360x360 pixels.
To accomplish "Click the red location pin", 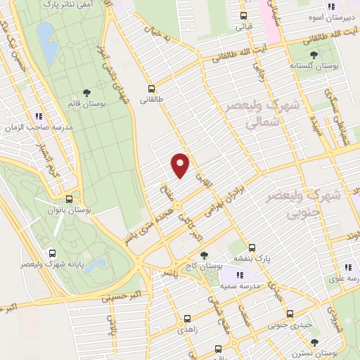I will pyautogui.click(x=181, y=164).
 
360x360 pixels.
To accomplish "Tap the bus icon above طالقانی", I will pyautogui.click(x=151, y=89).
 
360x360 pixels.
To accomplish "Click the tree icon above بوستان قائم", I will pyautogui.click(x=86, y=92).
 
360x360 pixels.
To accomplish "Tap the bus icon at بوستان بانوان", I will pyautogui.click(x=68, y=199).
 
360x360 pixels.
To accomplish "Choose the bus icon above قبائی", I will pyautogui.click(x=243, y=15).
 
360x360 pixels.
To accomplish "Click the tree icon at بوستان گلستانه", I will pyautogui.click(x=314, y=53).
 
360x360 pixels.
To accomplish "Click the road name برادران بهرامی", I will pyautogui.click(x=226, y=200).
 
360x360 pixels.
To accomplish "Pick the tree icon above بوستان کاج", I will pyautogui.click(x=204, y=256).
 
